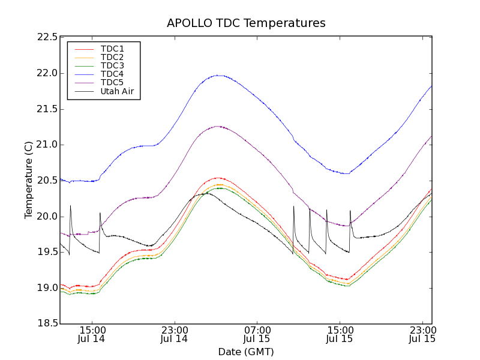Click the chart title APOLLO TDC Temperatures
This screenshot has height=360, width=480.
(246, 23)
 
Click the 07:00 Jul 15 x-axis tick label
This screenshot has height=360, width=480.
(257, 334)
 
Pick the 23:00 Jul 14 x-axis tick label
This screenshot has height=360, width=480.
(174, 334)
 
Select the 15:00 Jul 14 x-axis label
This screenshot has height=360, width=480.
(92, 334)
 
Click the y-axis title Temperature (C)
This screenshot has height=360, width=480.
(29, 180)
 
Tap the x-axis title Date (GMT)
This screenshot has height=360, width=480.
(246, 352)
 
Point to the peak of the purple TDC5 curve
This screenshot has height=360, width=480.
(217, 126)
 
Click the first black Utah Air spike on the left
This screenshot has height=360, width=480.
(70, 206)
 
